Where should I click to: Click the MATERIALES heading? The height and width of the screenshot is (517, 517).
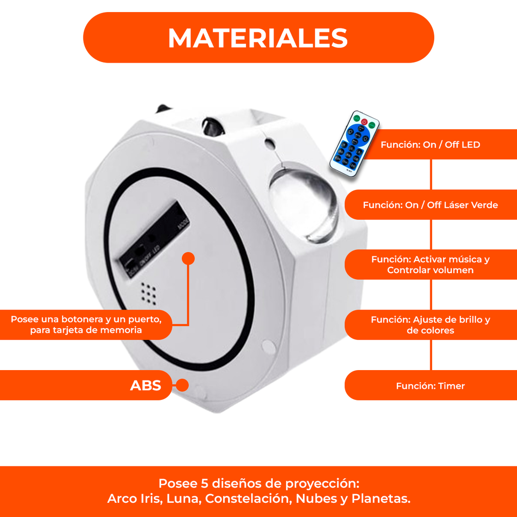coord(258,38)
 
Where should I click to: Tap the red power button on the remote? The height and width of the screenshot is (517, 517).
coord(364,121)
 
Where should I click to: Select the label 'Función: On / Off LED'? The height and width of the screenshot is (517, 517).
coord(430,145)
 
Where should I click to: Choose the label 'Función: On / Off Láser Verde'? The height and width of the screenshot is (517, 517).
coord(430,205)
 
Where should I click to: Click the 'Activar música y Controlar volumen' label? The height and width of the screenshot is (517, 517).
coord(430,265)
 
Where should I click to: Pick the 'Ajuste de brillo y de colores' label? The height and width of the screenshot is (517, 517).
coord(430,325)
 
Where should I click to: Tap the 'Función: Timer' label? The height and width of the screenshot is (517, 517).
coord(430,386)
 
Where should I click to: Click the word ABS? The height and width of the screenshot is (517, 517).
coord(145,386)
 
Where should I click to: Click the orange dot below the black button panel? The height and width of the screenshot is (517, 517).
coord(188,258)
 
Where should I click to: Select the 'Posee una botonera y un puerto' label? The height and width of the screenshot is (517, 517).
coord(86,325)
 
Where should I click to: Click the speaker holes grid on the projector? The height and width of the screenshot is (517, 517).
coord(148,291)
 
